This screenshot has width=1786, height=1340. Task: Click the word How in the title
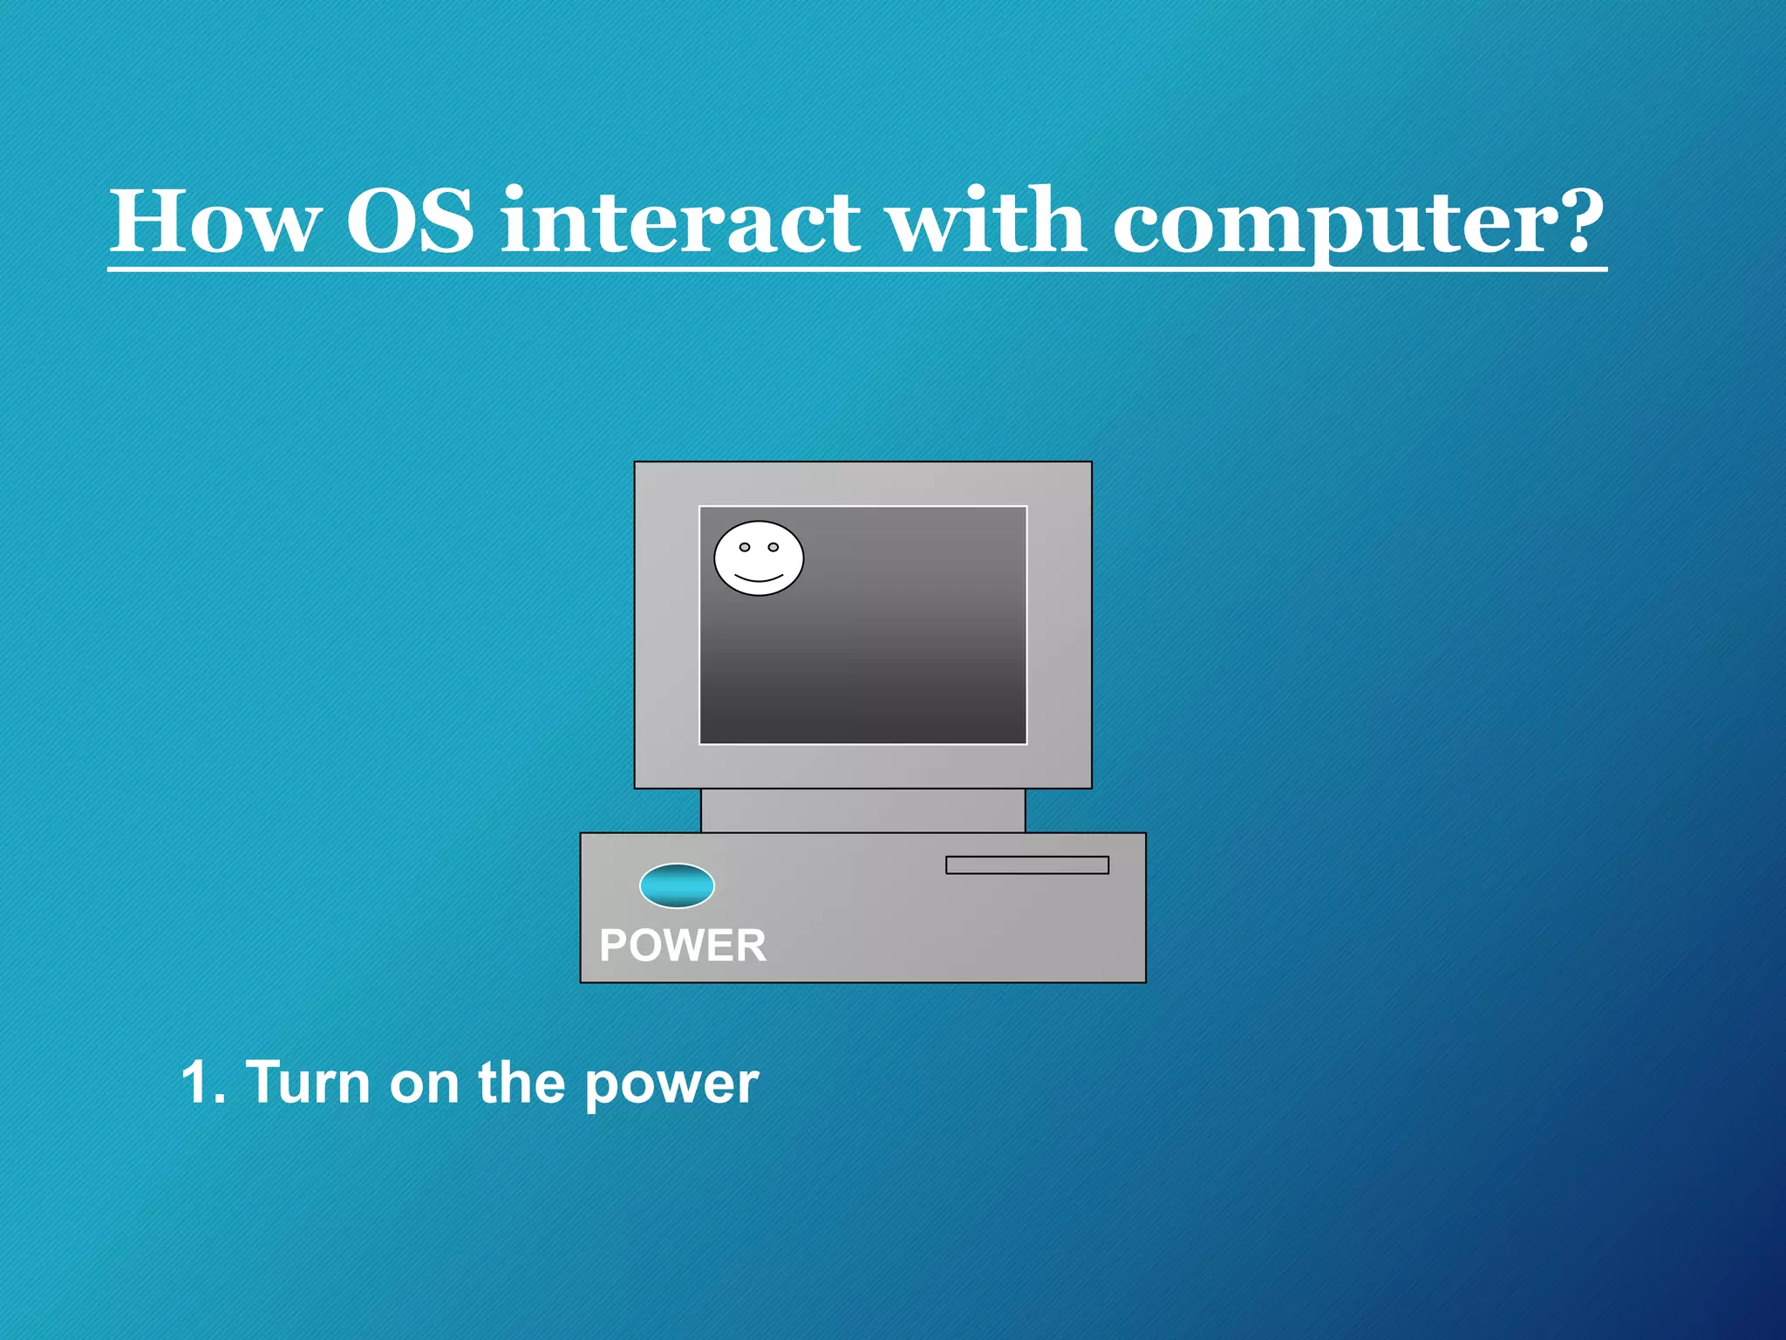(215, 222)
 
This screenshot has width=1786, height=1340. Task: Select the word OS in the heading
(410, 222)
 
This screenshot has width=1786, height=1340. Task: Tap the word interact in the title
(680, 222)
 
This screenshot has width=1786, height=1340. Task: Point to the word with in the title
(985, 222)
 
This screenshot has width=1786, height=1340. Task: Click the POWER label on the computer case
(683, 946)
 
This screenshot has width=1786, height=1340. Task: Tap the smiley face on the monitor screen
(759, 559)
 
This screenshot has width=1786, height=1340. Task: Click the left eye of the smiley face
(745, 547)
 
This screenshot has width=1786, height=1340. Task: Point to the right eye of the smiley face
(773, 547)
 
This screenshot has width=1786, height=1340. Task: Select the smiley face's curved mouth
(759, 578)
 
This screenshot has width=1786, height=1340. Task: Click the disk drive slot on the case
(1026, 865)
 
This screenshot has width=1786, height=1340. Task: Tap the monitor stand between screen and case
(862, 810)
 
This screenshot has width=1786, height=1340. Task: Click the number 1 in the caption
(196, 1084)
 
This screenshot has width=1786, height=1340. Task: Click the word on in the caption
(424, 1084)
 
